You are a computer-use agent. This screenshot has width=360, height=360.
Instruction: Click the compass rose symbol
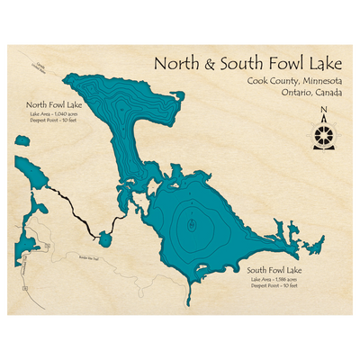[322, 135]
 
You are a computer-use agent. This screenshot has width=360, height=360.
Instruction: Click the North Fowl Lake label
[55, 105]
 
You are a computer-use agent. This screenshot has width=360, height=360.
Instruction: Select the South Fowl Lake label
[276, 270]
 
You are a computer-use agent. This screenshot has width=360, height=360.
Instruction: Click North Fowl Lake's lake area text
[55, 114]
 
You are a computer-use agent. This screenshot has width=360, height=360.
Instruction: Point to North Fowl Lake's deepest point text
[55, 121]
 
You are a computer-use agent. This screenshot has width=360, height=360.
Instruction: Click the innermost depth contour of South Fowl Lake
[190, 226]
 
